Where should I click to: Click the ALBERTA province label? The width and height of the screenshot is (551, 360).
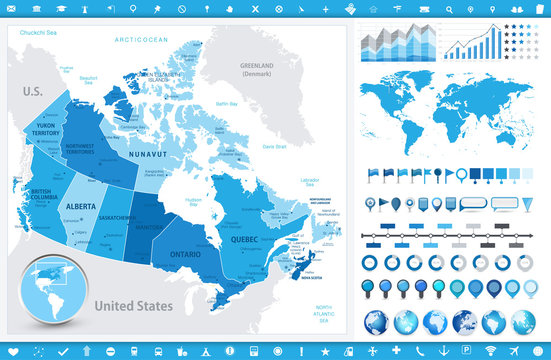point(81,207)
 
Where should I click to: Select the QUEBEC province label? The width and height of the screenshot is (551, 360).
point(245,240)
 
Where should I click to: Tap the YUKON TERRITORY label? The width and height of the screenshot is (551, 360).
point(48,131)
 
